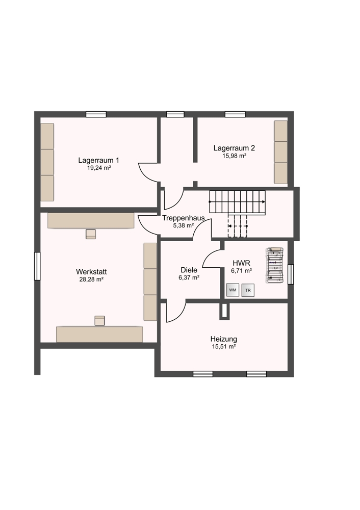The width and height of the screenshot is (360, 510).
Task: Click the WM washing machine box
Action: (233, 290)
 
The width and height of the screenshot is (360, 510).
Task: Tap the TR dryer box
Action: (248, 290)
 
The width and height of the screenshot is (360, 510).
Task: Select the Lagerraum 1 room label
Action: (98, 160)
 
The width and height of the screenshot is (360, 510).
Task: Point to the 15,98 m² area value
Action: (234, 156)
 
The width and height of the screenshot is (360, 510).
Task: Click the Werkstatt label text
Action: (91, 272)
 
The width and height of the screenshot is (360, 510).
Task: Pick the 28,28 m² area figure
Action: (91, 279)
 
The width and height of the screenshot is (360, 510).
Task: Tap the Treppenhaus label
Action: (184, 218)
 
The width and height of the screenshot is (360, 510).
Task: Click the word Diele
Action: (189, 270)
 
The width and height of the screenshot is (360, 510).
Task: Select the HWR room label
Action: (241, 263)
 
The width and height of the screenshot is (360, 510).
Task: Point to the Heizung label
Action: (224, 339)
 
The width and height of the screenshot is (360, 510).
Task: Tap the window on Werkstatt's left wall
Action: (37, 266)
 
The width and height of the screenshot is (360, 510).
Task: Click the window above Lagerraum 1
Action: (96, 114)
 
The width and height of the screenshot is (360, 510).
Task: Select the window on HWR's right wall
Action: (291, 274)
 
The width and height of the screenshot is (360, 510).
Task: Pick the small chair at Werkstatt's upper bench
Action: (91, 234)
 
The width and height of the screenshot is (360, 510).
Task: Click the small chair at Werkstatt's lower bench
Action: (99, 320)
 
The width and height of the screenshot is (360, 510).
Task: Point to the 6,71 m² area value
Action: (242, 270)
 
